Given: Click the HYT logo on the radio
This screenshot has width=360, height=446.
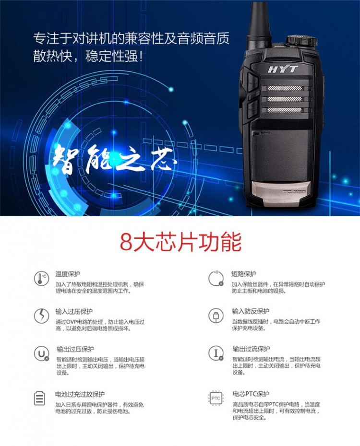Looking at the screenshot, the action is coord(283,69).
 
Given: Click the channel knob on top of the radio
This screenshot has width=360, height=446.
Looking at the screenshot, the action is coord(301,40).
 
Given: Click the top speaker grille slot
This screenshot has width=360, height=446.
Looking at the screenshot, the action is coord(285,88).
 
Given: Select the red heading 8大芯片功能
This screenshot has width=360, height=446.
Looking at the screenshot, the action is coord(180,242).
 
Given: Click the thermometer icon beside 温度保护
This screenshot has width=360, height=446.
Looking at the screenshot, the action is coord(41,278).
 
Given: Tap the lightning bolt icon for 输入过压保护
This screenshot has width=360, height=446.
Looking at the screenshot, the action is coord(41,316).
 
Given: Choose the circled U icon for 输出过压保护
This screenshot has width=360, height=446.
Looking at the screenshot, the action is coord(42,353).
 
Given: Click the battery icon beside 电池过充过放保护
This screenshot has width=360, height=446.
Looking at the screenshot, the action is coord(39,398).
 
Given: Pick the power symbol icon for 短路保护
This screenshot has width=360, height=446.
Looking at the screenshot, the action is coord(216,278).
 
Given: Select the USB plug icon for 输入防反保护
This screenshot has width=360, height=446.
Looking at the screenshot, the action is coord(216,316).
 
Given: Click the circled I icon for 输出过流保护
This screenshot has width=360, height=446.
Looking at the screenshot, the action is coord(216,353).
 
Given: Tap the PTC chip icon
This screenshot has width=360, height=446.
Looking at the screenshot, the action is coord(216,398).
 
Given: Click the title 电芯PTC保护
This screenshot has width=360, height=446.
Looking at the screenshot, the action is coord(251,394).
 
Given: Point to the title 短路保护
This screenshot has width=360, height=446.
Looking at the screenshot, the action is coord(244,274).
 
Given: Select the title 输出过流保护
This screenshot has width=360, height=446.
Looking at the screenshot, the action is coord(251,349).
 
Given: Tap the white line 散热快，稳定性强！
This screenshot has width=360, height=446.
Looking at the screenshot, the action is coord(88,56).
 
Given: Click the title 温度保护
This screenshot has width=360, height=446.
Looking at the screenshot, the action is coord(68,274).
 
